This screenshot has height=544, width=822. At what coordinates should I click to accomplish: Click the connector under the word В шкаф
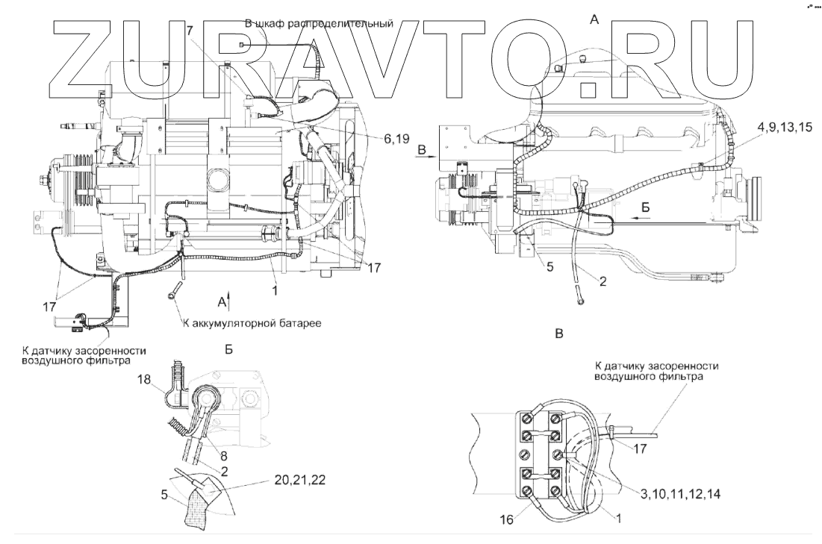pos(243,46)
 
